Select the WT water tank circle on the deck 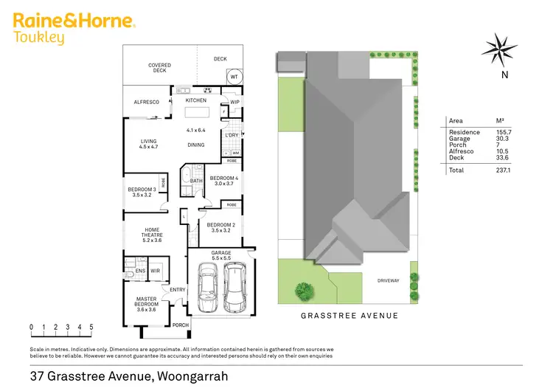tap(234, 76)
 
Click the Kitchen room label tap(195, 100)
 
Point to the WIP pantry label tap(235, 102)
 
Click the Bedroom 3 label tap(142, 193)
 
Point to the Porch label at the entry tap(181, 325)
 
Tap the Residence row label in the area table tap(464, 132)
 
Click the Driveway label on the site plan tap(389, 280)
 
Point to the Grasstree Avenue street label tap(349, 315)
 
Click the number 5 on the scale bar tap(91, 326)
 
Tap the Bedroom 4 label tap(223, 181)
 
